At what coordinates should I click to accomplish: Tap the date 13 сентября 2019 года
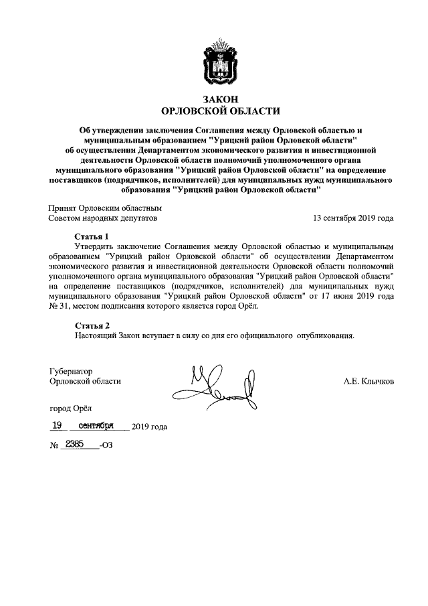click(x=353, y=218)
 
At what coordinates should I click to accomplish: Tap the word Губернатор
click(x=70, y=371)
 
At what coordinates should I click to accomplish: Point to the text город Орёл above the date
click(x=71, y=408)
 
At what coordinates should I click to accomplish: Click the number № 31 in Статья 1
click(x=57, y=306)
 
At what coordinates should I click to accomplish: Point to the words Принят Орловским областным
click(x=105, y=208)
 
